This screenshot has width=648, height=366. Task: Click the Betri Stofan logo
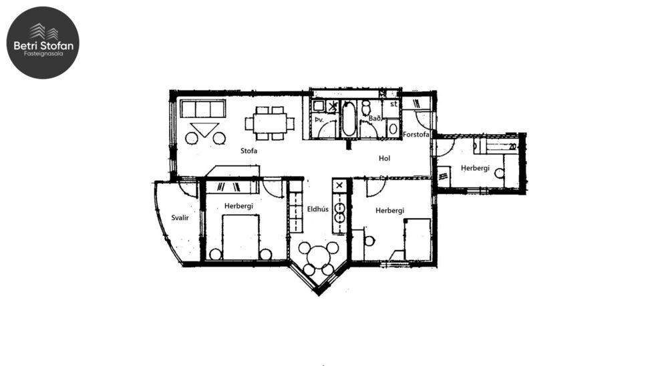pos(43,43)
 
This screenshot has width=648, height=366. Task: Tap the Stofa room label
pos(249,151)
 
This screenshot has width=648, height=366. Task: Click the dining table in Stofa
pos(269,123)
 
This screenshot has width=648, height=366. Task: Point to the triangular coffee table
pos(204,129)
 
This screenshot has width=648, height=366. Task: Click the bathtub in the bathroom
pos(349,119)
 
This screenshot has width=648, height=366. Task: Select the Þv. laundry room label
pos(319,120)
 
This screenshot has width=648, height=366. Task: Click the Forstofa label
pos(416,134)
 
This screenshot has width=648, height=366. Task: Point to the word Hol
pos(384,159)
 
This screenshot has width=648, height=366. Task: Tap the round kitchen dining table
pos(318,257)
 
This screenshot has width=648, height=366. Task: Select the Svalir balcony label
pos(178,218)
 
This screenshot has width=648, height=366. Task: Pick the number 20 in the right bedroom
pos(512,146)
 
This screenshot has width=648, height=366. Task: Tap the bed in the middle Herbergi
pos(418,239)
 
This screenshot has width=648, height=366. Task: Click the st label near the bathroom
pos(393,104)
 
